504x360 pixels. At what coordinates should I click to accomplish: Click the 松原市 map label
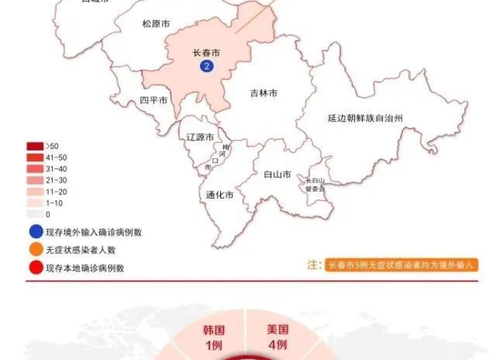click(156, 24)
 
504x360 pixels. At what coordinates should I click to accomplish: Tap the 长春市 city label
click(206, 53)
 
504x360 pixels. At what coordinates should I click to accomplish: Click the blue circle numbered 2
click(207, 66)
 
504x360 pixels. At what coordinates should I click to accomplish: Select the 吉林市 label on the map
click(264, 93)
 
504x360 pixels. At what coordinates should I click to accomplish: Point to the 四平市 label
click(153, 100)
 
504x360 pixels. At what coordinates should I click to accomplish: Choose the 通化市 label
click(219, 195)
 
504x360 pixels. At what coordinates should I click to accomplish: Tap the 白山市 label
click(277, 174)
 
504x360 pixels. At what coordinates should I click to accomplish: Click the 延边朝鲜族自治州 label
click(364, 117)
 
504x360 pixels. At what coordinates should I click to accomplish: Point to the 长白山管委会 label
click(315, 184)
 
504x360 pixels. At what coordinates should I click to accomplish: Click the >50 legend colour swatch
click(35, 146)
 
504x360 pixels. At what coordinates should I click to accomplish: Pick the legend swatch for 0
click(35, 214)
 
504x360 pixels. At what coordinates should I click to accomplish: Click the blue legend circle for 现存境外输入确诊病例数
click(35, 233)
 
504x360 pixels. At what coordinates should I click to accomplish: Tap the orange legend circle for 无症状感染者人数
click(35, 251)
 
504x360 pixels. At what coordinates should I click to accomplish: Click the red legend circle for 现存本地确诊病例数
click(35, 269)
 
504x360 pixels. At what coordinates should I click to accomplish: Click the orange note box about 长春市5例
click(402, 265)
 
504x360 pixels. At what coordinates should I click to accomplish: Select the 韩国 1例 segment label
click(213, 337)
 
